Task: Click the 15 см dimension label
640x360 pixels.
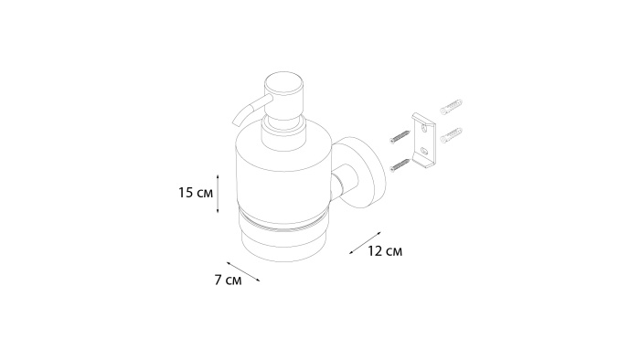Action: [x=196, y=193]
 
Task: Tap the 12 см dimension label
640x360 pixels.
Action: [x=385, y=250]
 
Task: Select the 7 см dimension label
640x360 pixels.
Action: [x=229, y=280]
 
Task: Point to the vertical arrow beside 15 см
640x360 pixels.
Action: [x=218, y=194]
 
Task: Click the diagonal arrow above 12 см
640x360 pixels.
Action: [x=365, y=243]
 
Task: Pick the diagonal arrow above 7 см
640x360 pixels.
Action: [x=243, y=271]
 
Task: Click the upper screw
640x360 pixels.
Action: [x=400, y=136]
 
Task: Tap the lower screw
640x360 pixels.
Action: [x=400, y=164]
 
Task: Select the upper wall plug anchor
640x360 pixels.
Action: [x=451, y=106]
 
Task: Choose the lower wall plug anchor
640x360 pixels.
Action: [x=451, y=135]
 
